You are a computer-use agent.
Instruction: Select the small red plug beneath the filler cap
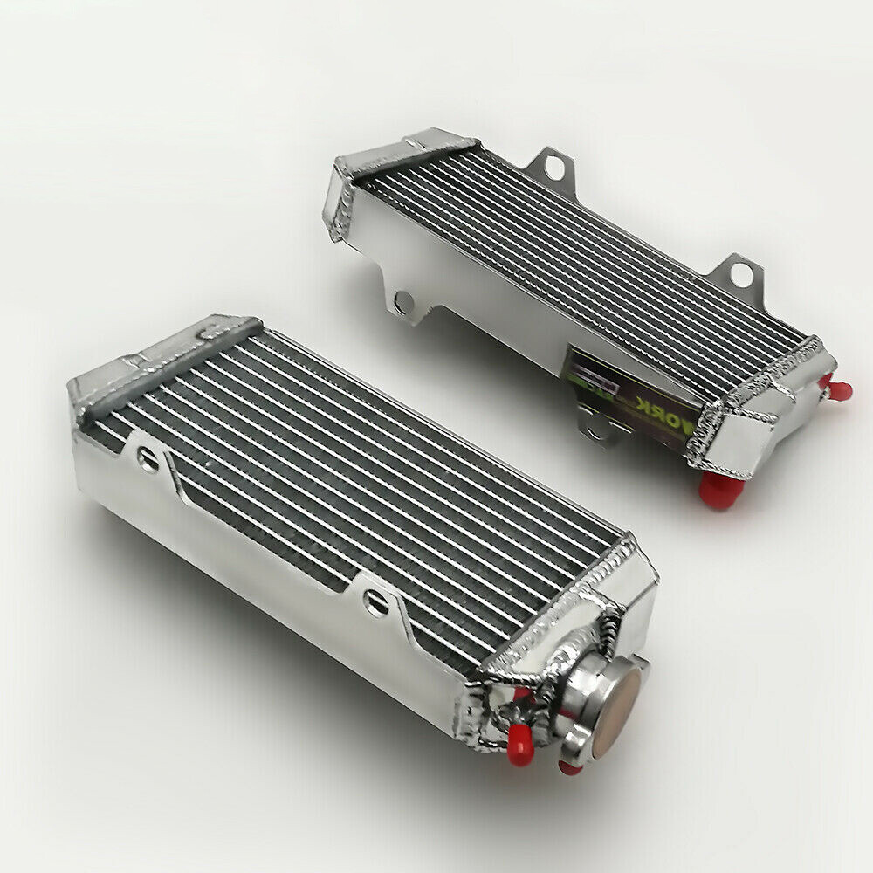(x=570, y=766)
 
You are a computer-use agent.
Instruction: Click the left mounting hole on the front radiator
(x=148, y=458)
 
